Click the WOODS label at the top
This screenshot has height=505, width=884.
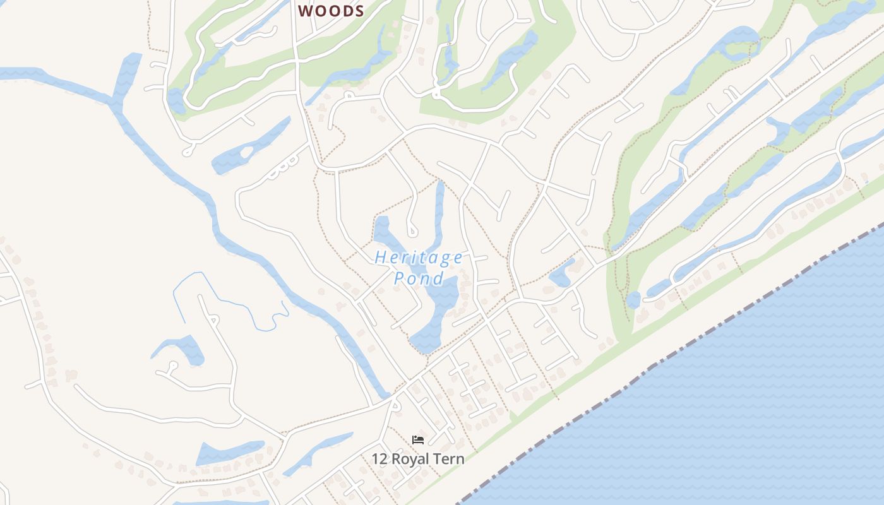click(x=331, y=11)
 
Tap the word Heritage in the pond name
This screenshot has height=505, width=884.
click(x=419, y=258)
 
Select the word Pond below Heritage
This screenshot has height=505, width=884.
click(x=418, y=278)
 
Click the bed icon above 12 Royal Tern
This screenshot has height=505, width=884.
click(x=417, y=440)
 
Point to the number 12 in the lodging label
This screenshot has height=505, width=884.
click(x=379, y=459)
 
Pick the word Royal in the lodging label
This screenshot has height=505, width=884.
click(x=410, y=459)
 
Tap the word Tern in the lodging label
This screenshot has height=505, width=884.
click(x=449, y=459)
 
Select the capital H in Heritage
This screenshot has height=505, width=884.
click(x=380, y=258)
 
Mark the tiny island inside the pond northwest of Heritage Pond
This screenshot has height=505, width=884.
click(x=245, y=152)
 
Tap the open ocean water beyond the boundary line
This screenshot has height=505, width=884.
click(x=726, y=410)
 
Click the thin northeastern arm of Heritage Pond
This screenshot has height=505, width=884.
click(x=439, y=208)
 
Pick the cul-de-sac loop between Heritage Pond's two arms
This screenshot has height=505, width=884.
click(x=412, y=231)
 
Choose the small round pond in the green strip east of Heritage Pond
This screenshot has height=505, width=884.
click(x=633, y=300)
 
